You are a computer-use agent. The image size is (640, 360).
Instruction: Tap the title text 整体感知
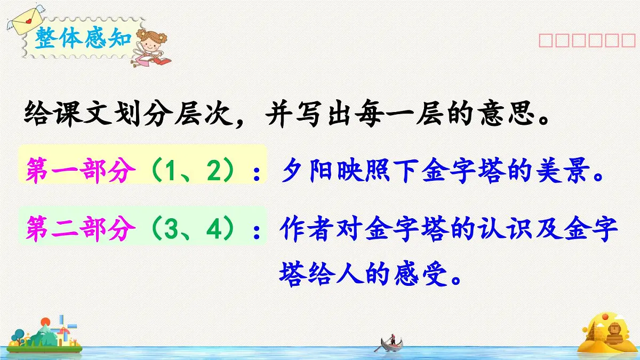pos(80,39)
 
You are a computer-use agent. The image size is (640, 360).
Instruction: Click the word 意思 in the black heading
pos(510,114)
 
